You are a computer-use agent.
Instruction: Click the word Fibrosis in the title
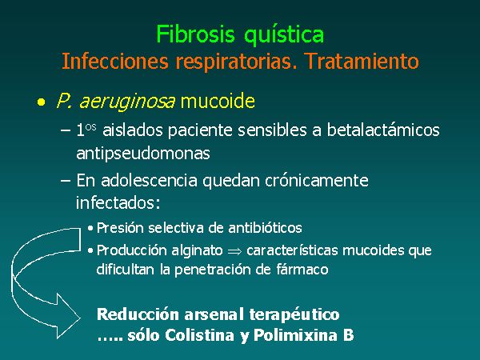tap(195, 34)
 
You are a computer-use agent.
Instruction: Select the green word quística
tap(284, 35)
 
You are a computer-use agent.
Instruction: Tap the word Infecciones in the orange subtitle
tap(115, 61)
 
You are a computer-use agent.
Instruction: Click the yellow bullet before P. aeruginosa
tap(41, 102)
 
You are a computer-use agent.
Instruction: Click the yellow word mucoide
tap(218, 101)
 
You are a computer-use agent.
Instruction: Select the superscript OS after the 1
tap(91, 127)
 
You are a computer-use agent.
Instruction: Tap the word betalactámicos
tap(383, 130)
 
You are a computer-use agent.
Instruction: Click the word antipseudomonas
tap(143, 154)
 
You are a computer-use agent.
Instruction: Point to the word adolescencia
tap(149, 180)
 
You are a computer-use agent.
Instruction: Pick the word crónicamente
tap(317, 180)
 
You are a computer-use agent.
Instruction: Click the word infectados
tap(118, 202)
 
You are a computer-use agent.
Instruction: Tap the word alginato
tap(197, 251)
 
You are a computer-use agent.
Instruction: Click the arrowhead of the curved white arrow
tap(69, 317)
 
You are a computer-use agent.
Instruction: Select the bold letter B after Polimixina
tap(348, 335)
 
